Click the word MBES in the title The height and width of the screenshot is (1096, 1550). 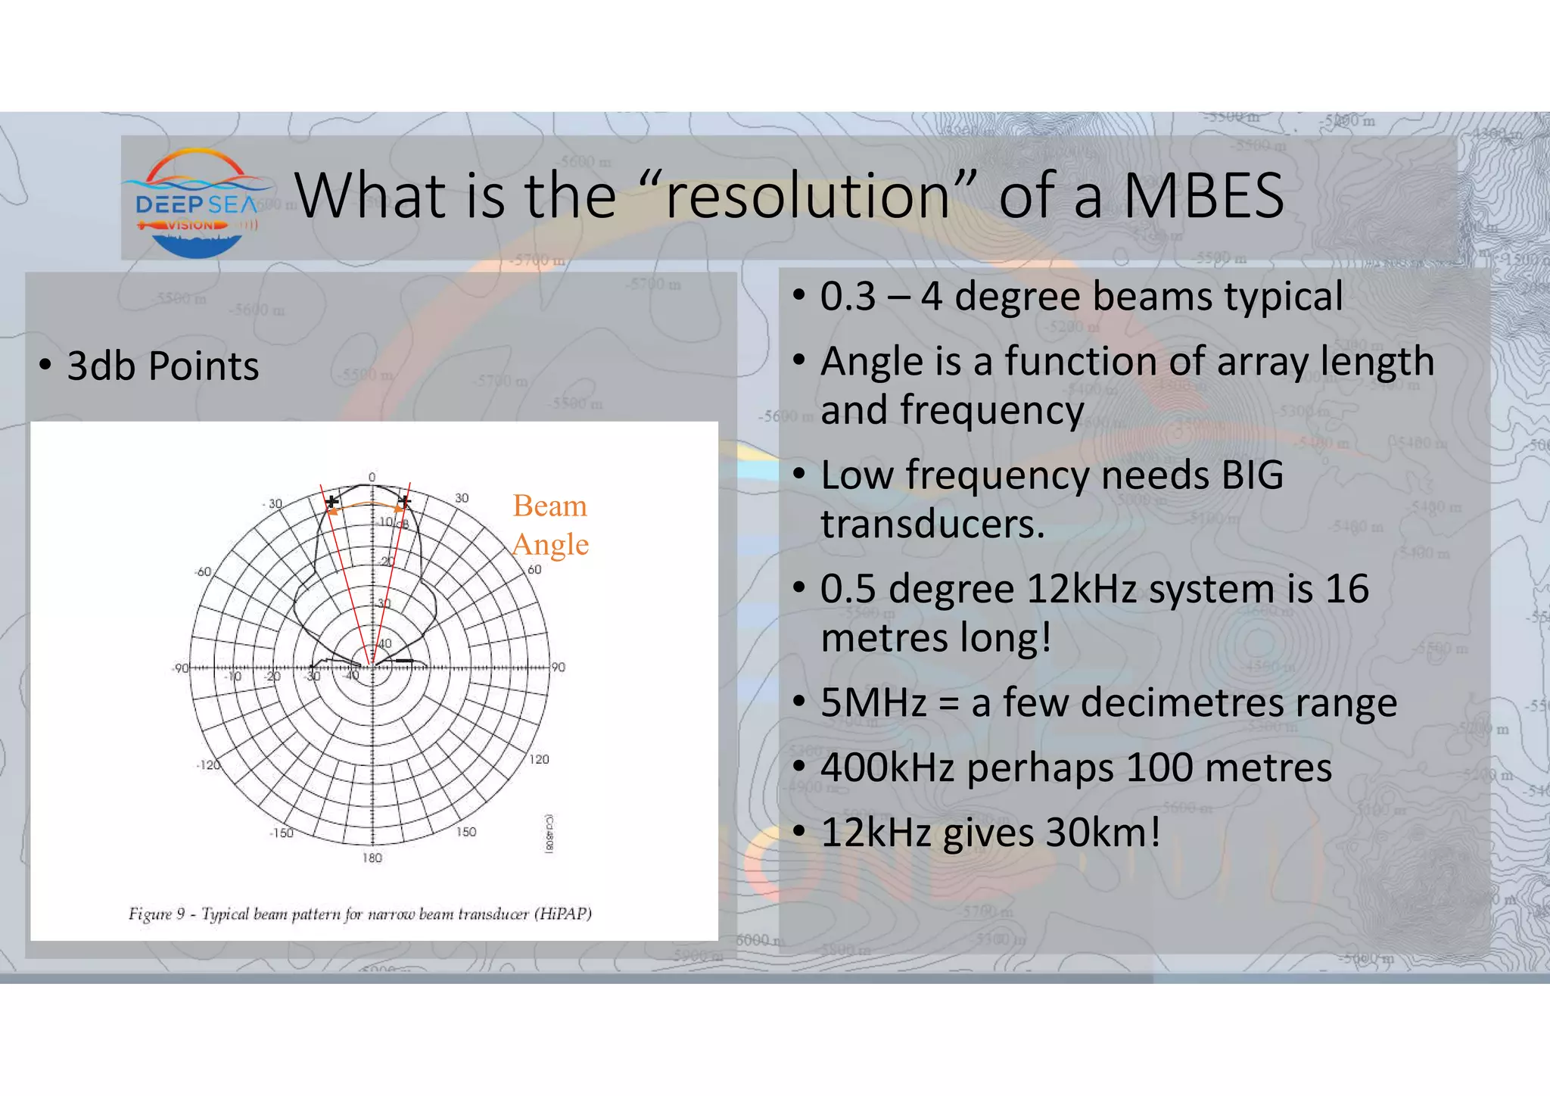pos(1203,196)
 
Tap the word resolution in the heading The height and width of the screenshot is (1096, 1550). pos(807,196)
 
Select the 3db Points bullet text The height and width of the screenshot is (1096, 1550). pos(163,366)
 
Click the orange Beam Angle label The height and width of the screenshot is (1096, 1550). pos(550,525)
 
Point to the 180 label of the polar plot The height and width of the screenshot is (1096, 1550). pos(372,858)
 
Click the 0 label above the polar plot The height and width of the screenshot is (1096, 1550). pos(372,477)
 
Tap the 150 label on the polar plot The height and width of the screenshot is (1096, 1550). pos(466,832)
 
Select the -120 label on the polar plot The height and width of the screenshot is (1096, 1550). pos(208,765)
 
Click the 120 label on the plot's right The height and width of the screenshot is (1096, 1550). pos(539,759)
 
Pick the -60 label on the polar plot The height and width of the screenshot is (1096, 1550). pos(203,571)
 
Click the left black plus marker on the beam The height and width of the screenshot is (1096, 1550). pos(331,501)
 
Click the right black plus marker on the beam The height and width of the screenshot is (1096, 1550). pos(405,501)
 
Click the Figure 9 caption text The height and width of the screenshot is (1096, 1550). pos(360,914)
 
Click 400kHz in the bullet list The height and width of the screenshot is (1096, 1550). pos(887,768)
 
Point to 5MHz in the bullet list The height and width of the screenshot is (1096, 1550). pos(873,702)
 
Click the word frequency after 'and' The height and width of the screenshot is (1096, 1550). pos(991,411)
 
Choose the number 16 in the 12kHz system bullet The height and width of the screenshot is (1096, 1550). pos(1346,589)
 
